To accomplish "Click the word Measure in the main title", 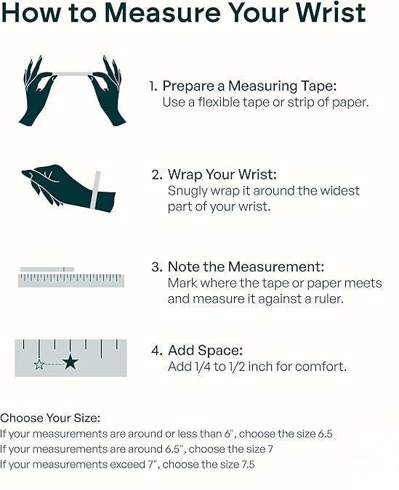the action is click(162, 13).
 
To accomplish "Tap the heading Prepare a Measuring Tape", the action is click(249, 86).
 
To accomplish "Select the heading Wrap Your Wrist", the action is click(222, 174).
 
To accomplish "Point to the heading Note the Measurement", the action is click(246, 267).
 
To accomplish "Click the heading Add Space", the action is click(205, 351).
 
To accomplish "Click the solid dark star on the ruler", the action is click(70, 362).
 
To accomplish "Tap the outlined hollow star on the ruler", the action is click(39, 364).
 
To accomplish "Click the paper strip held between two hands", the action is click(72, 74).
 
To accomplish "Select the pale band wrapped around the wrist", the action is click(95, 189).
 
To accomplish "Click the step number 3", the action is click(156, 267).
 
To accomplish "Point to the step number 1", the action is click(153, 86).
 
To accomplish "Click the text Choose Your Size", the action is click(50, 418).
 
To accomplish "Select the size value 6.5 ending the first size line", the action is click(325, 434).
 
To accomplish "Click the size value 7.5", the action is click(248, 465).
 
